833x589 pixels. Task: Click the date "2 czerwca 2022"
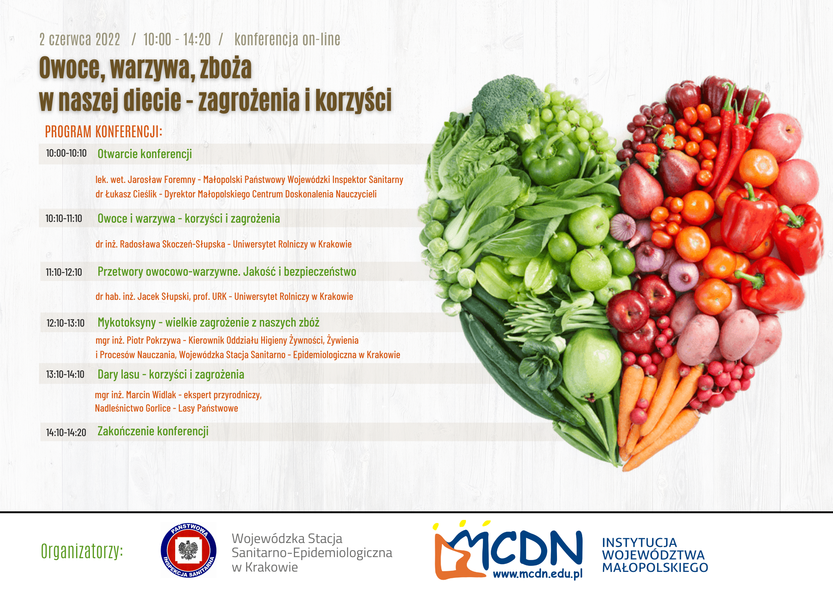pyautogui.click(x=80, y=39)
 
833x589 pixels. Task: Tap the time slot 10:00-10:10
pyautogui.click(x=66, y=153)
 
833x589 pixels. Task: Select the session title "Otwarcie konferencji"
pyautogui.click(x=145, y=154)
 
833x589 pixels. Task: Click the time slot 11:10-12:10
pyautogui.click(x=64, y=272)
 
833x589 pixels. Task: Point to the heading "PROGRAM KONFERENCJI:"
pyautogui.click(x=104, y=131)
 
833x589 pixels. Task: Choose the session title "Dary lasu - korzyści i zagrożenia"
pyautogui.click(x=171, y=374)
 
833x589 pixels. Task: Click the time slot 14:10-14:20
pyautogui.click(x=66, y=432)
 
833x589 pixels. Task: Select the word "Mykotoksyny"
pyautogui.click(x=127, y=323)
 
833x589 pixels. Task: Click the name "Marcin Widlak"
pyautogui.click(x=151, y=395)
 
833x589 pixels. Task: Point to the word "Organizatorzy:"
pyautogui.click(x=82, y=551)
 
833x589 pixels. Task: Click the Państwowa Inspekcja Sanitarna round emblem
pyautogui.click(x=188, y=550)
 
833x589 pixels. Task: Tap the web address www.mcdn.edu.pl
pyautogui.click(x=538, y=574)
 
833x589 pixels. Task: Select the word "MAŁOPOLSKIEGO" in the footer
pyautogui.click(x=655, y=567)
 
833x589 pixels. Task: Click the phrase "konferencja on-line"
pyautogui.click(x=287, y=39)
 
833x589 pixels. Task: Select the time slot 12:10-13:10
pyautogui.click(x=65, y=323)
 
